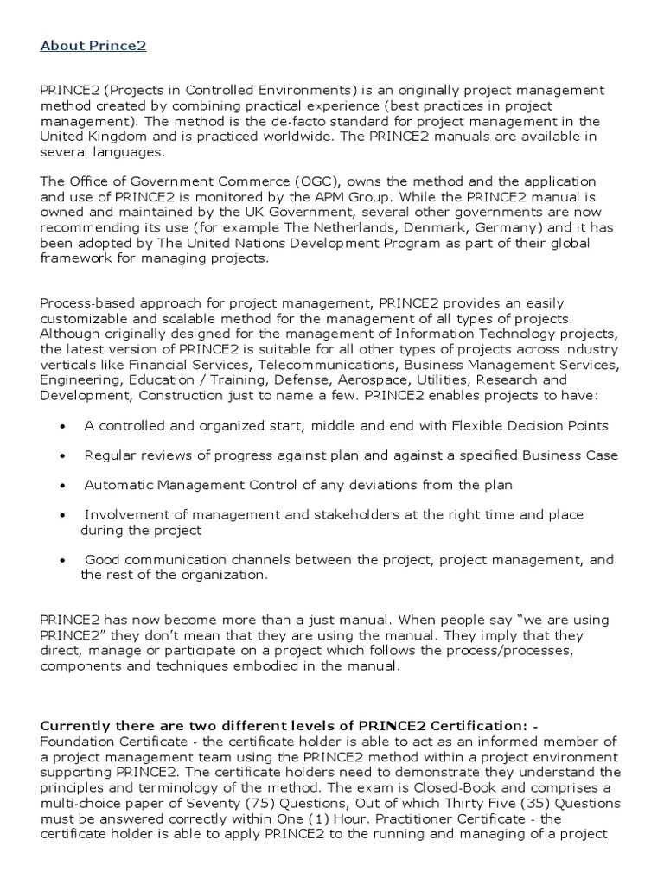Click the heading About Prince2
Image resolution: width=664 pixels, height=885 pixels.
(x=93, y=46)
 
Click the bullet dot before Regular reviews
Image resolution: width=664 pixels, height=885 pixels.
(x=64, y=455)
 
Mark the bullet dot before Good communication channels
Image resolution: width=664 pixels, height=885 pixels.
(x=64, y=561)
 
